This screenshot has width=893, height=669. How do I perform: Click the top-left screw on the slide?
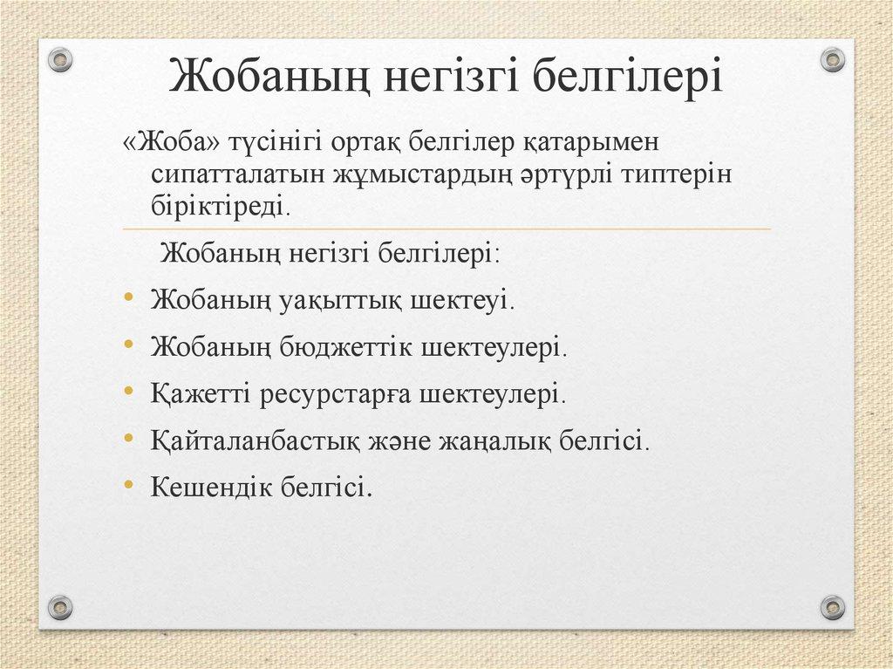(59, 60)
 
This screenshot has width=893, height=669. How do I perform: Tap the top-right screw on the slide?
(833, 60)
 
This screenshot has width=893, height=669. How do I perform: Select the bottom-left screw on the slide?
(59, 606)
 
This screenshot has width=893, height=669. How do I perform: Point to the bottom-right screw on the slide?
(833, 606)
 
